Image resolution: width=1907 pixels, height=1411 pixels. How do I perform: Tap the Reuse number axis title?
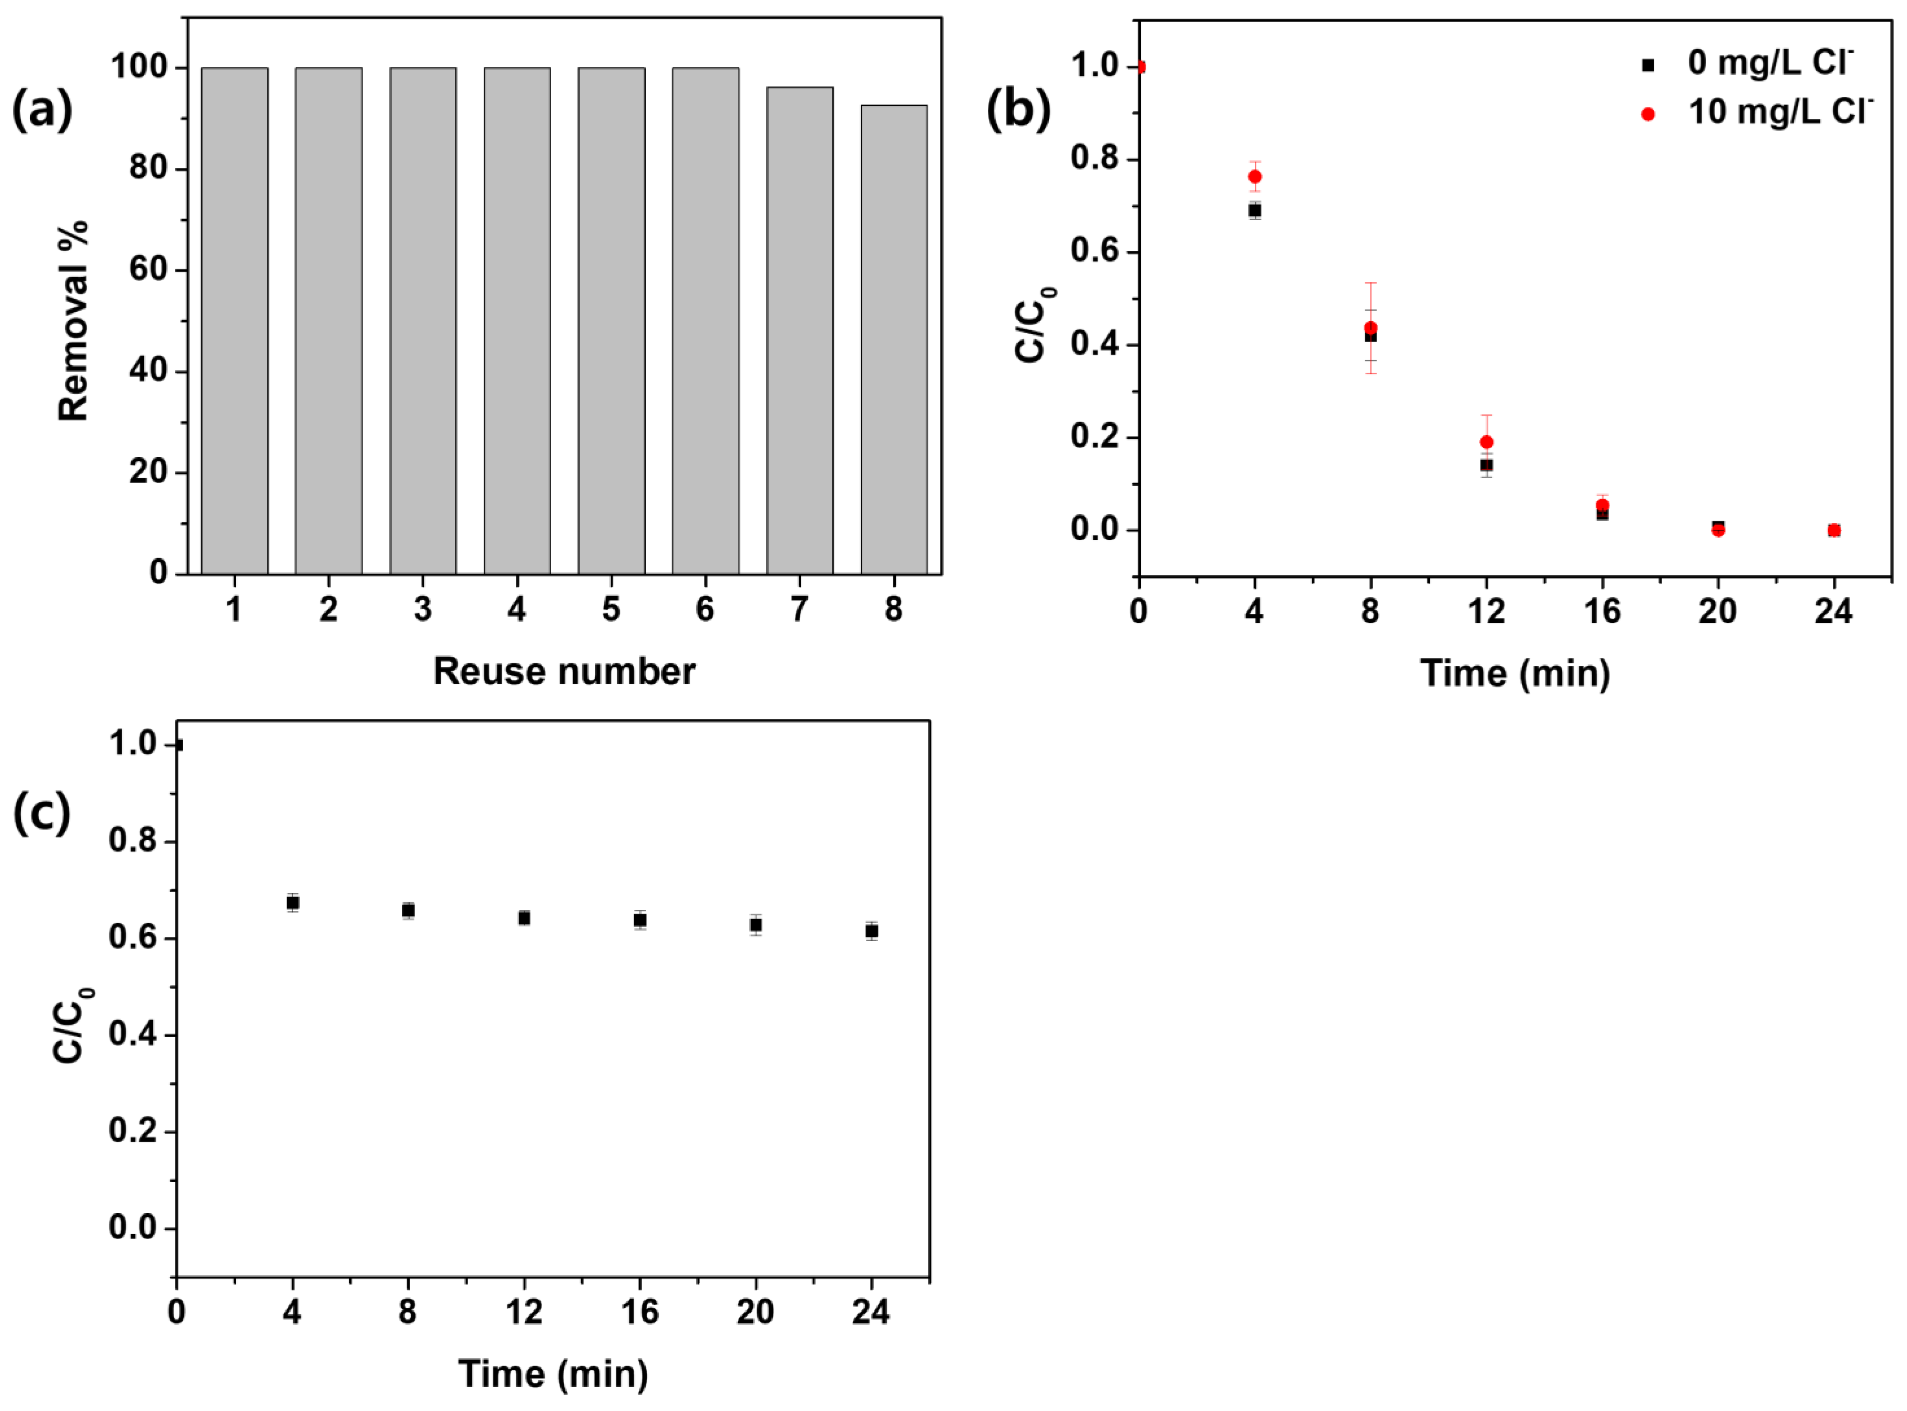point(564,671)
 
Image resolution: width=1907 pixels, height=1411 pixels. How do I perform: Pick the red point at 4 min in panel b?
point(1254,177)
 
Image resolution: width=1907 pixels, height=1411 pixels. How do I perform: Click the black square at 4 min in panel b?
point(1254,210)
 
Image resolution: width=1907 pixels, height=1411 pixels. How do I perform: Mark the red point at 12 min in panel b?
point(1486,443)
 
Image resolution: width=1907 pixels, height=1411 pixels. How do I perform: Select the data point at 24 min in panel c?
point(871,931)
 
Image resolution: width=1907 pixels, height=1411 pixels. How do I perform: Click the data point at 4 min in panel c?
point(292,903)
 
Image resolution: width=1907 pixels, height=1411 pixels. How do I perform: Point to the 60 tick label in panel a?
point(148,270)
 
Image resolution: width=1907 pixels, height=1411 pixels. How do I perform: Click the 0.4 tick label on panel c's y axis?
point(133,1035)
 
